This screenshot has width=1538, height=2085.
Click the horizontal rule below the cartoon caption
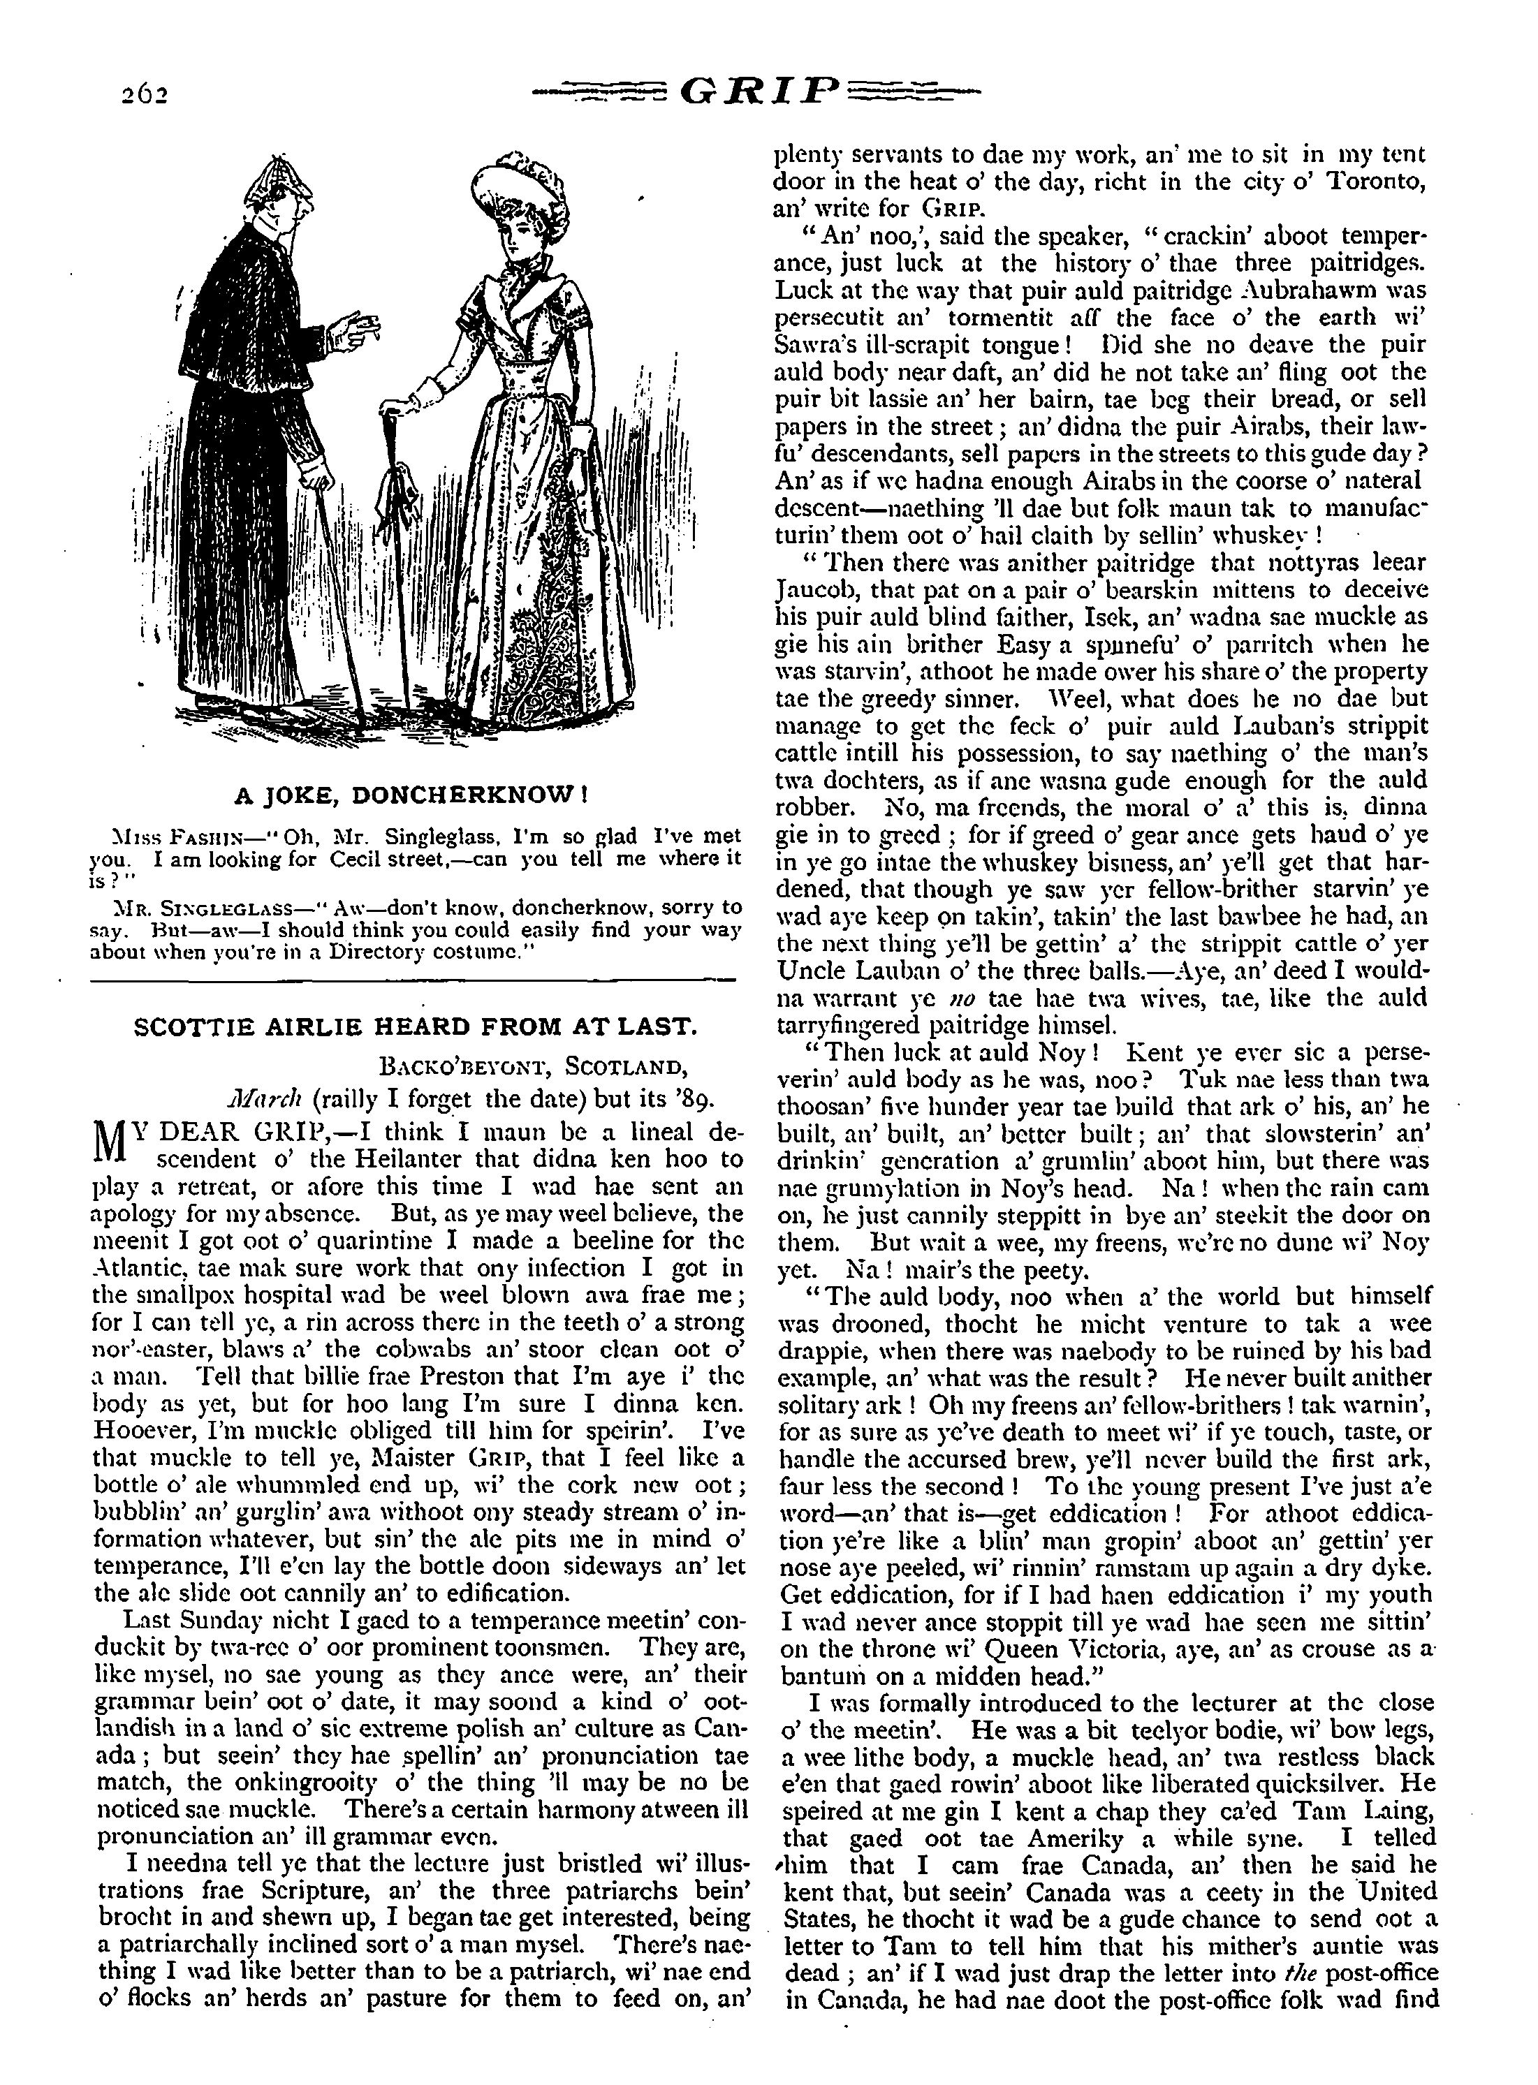[415, 979]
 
